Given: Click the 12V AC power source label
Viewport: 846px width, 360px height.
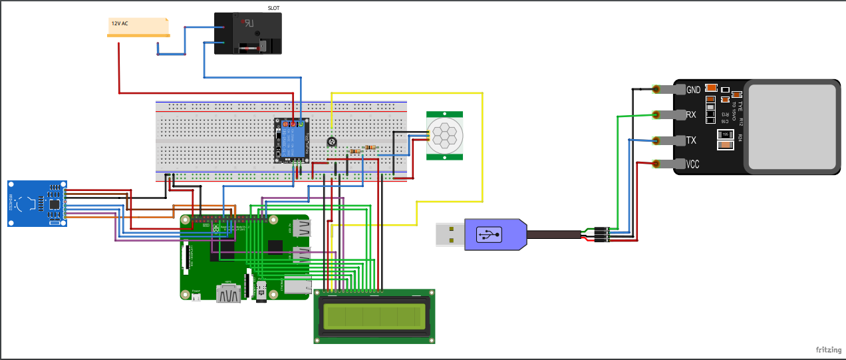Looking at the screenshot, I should click(x=120, y=23).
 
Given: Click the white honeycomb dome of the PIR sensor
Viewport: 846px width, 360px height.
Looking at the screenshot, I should click(x=442, y=134).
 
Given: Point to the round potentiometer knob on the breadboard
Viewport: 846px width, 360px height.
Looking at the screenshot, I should click(x=331, y=142).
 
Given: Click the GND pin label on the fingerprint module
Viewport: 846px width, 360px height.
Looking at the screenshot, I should click(x=693, y=90).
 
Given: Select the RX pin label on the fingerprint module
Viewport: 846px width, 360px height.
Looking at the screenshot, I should click(x=691, y=114).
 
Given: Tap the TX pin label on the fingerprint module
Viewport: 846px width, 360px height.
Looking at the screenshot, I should click(x=691, y=140).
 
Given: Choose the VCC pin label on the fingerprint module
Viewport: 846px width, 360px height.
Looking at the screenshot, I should click(x=693, y=164).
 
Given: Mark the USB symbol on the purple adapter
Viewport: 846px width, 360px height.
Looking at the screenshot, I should click(x=489, y=234).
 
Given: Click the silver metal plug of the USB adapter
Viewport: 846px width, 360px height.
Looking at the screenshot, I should click(x=450, y=234).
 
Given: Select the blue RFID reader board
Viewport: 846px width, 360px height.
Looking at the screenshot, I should click(x=37, y=203).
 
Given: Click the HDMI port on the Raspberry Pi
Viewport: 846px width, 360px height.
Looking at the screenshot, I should click(x=228, y=293).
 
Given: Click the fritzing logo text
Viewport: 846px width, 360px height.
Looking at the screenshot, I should click(x=829, y=349).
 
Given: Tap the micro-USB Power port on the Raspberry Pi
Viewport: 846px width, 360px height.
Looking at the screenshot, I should click(x=196, y=297).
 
